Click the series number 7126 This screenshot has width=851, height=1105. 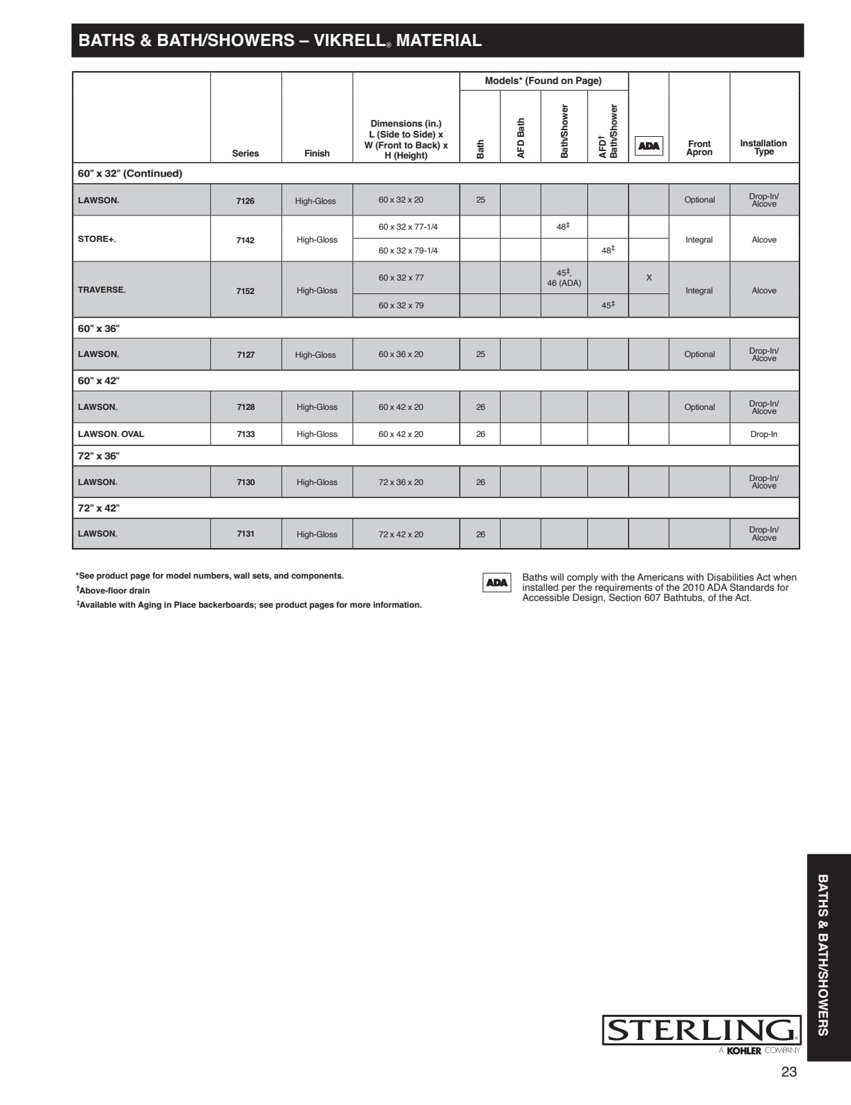click(x=245, y=201)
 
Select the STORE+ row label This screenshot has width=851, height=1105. click(x=97, y=239)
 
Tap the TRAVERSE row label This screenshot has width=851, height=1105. click(x=102, y=290)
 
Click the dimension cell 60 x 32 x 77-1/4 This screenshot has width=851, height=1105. click(x=408, y=227)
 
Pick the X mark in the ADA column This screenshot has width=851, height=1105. click(x=649, y=278)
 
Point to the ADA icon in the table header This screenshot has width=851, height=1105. click(x=649, y=146)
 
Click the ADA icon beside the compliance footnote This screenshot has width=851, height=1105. click(x=497, y=583)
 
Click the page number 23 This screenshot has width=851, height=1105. click(x=789, y=1072)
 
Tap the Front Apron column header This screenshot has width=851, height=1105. click(x=699, y=148)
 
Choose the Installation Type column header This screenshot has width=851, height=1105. click(x=764, y=148)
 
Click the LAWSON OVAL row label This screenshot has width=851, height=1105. click(x=111, y=434)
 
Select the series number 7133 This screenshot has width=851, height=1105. click(x=246, y=434)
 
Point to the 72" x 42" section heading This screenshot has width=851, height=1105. click(x=99, y=508)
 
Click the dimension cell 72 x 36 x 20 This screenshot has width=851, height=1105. click(x=401, y=482)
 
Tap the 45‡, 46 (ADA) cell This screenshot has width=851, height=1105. click(x=564, y=278)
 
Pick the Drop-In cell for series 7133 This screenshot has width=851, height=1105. click(x=764, y=434)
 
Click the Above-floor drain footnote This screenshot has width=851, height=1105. click(x=113, y=590)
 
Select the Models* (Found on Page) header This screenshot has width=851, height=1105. click(x=543, y=81)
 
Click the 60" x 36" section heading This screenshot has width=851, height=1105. click(x=99, y=329)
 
